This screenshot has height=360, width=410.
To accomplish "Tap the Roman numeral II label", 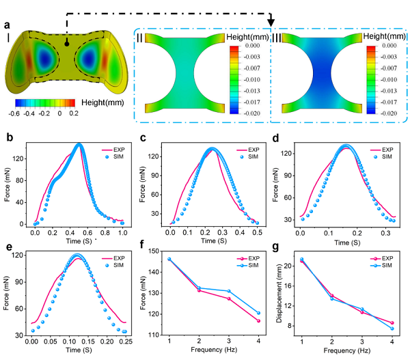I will (140, 37).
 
